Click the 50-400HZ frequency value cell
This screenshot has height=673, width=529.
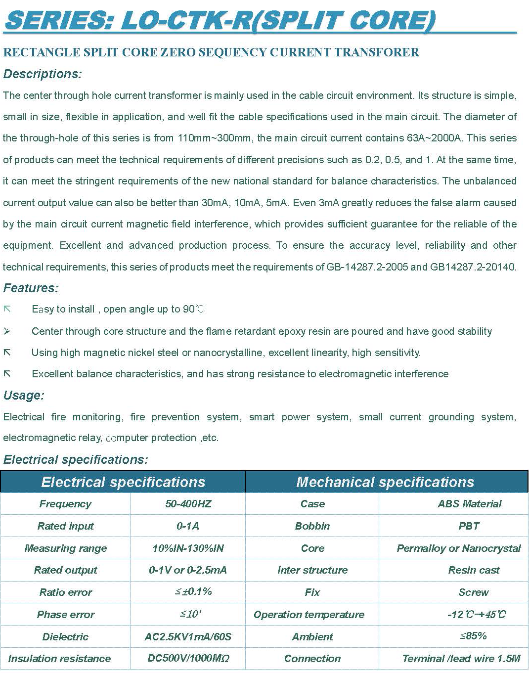[188, 504]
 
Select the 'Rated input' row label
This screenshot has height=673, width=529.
[65, 526]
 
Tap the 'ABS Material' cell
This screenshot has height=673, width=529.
[469, 504]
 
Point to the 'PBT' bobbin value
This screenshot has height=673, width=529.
[469, 526]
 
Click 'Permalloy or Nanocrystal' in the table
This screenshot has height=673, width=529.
[458, 548]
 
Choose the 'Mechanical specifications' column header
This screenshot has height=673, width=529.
[385, 482]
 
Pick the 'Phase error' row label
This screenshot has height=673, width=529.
[65, 615]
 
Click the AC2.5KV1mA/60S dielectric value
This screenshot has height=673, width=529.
[188, 637]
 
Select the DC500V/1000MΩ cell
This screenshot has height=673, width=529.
[188, 659]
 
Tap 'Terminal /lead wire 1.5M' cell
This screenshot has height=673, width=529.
[461, 659]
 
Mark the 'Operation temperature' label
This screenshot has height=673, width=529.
[309, 615]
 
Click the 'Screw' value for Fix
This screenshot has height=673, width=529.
[473, 592]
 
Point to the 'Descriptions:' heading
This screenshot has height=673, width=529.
[43, 74]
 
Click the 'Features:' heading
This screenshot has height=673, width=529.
[31, 288]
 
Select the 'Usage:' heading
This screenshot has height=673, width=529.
[24, 396]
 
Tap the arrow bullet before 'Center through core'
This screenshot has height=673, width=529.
[7, 331]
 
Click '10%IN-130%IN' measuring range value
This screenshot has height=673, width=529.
[188, 548]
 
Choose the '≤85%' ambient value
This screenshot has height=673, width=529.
[473, 636]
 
